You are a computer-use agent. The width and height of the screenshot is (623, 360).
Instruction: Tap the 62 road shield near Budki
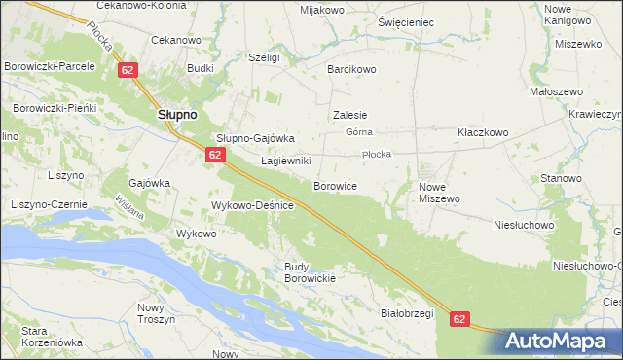(x=128, y=70)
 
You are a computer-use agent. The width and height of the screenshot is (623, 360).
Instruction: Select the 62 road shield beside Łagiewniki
(x=216, y=155)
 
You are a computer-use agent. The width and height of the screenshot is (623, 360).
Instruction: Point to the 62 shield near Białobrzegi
(x=460, y=318)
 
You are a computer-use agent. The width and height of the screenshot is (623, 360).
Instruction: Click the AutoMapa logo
(x=562, y=341)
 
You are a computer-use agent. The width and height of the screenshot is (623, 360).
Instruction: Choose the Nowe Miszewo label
(x=439, y=192)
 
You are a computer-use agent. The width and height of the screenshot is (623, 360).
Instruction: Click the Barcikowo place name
(x=351, y=70)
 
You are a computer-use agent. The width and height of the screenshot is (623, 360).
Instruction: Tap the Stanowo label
(x=561, y=179)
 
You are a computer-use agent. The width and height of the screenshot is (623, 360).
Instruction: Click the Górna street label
(x=360, y=132)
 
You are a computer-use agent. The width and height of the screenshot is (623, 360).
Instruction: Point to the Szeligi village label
(x=264, y=58)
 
